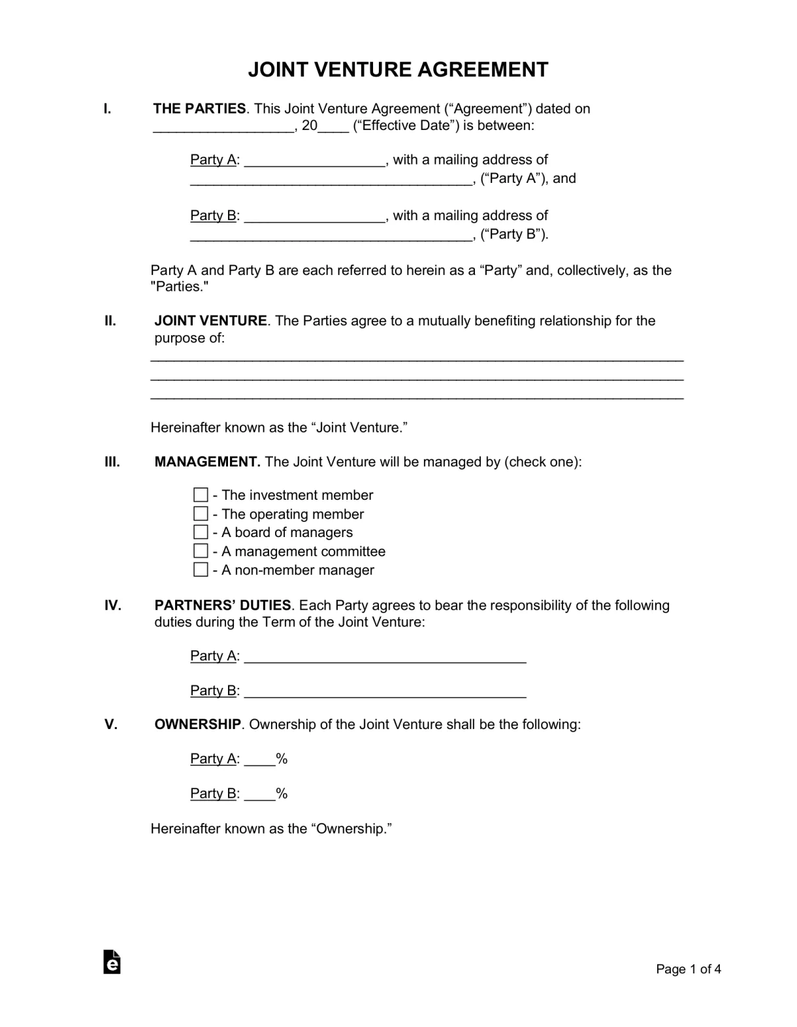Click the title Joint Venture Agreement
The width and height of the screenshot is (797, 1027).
[398, 70]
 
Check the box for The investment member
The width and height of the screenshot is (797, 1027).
[201, 495]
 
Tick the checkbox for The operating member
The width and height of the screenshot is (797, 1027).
[201, 514]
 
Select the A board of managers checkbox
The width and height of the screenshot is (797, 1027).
[201, 532]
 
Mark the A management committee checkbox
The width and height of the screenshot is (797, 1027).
[201, 551]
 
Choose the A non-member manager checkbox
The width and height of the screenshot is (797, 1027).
[201, 570]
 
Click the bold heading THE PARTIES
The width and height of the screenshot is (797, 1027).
[199, 109]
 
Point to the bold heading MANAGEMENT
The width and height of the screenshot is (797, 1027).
[207, 462]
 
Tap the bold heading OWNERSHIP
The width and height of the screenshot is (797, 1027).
[198, 725]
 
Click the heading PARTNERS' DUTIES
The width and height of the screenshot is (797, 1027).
[223, 606]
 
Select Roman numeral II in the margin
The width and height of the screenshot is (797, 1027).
[110, 321]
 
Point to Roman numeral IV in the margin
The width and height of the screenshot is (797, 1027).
[112, 606]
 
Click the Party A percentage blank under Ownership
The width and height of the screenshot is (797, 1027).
[259, 760]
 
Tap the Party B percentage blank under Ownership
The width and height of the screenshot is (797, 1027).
[259, 794]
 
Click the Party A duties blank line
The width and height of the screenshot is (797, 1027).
[385, 657]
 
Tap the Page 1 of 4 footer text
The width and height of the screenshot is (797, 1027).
[689, 970]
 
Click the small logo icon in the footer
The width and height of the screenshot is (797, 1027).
[112, 962]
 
